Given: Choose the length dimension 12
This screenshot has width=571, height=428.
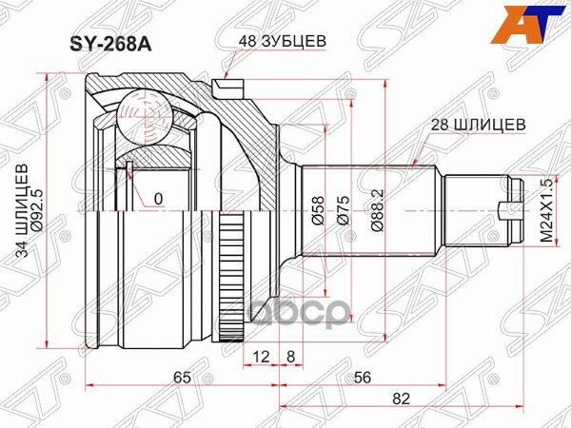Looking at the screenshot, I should [x=235, y=357].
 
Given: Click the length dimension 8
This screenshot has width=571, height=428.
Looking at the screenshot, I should [x=264, y=357].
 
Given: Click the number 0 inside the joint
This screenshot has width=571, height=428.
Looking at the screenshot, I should [x=159, y=199].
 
